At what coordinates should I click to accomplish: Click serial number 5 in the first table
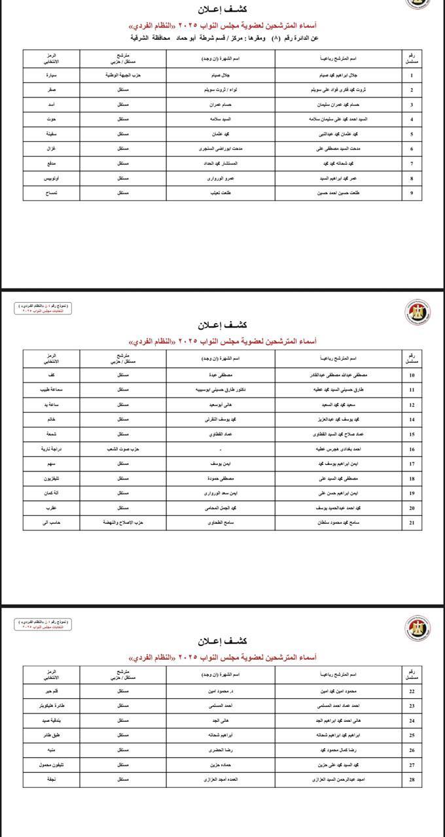[x=412, y=134]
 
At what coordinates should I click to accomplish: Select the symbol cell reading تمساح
[x=50, y=194]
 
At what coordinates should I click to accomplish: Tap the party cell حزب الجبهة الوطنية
[x=123, y=75]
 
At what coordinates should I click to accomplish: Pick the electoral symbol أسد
[x=50, y=105]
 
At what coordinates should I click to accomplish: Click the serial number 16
[x=412, y=449]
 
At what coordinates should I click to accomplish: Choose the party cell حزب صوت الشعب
[x=123, y=449]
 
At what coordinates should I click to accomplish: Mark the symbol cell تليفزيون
[x=50, y=479]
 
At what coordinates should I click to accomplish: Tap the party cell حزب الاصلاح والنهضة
[x=123, y=523]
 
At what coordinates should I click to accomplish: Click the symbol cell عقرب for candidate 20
[x=50, y=508]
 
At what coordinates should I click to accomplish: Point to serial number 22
[x=412, y=691]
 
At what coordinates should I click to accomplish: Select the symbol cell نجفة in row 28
[x=50, y=780]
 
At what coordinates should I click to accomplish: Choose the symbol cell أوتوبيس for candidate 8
[x=50, y=179]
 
